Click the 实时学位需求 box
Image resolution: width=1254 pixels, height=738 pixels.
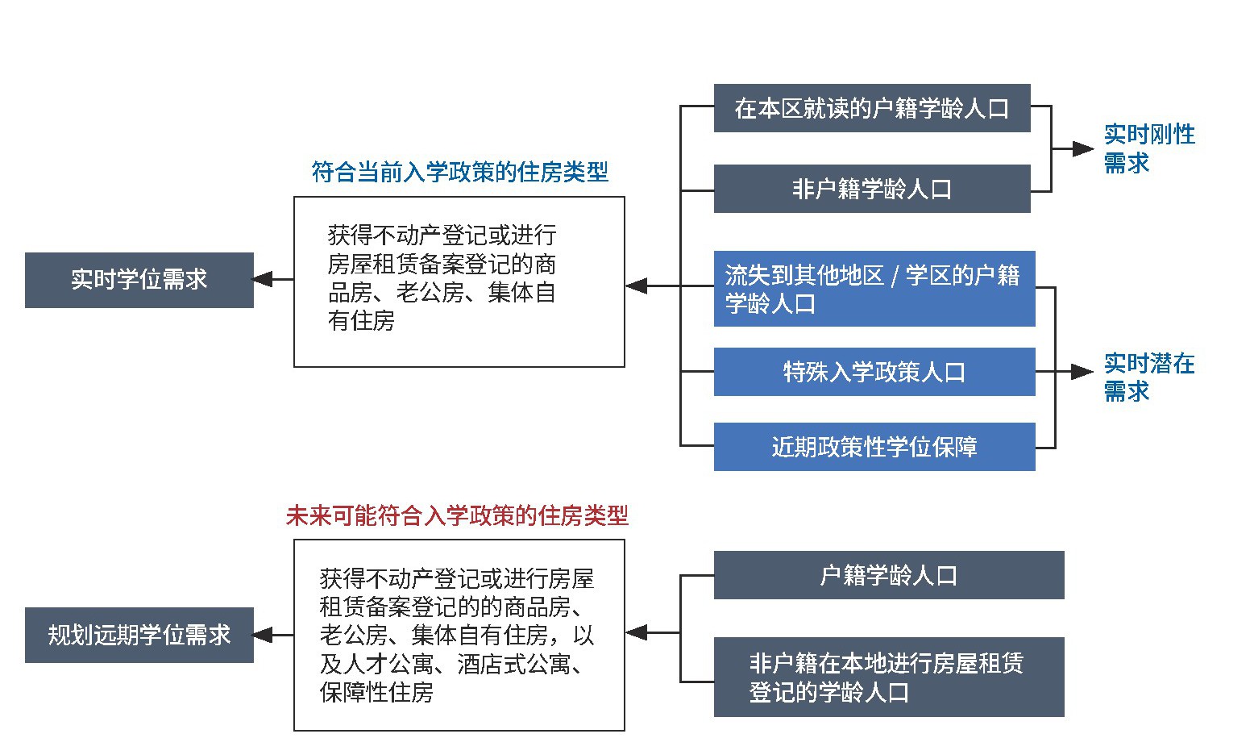point(139,280)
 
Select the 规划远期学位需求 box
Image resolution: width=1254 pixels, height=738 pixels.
point(139,635)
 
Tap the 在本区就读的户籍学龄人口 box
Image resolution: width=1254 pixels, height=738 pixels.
point(872,108)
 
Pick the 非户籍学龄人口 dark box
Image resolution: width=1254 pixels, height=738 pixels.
point(872,189)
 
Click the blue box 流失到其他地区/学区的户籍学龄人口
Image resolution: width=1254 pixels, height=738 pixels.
point(874,289)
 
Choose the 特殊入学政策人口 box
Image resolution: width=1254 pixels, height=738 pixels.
point(874,372)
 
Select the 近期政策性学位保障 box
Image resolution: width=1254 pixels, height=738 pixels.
point(874,447)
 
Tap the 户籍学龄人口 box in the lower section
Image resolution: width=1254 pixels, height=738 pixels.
point(888,575)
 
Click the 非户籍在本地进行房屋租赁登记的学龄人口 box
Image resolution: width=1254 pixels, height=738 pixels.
point(888,677)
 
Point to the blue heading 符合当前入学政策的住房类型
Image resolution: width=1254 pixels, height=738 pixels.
point(459,172)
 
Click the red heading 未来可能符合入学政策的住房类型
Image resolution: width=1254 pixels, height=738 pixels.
point(457,516)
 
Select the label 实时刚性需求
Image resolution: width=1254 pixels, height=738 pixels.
point(1148,148)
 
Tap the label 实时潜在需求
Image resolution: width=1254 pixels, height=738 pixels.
point(1148,377)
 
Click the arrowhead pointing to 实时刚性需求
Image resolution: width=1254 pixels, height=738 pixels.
point(1082,148)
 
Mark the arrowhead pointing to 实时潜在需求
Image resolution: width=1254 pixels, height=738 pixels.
point(1082,372)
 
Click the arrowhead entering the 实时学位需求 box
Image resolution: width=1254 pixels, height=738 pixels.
point(263,280)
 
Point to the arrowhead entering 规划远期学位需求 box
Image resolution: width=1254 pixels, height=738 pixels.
point(263,635)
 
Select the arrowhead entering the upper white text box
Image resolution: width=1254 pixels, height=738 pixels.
point(636,286)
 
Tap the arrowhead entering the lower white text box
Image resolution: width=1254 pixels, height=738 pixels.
point(636,633)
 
